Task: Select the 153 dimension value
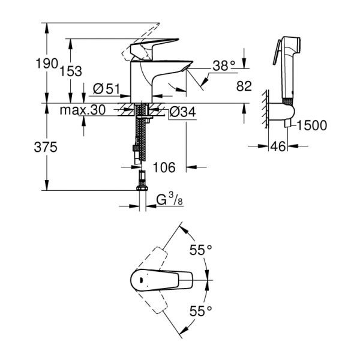tap(71, 71)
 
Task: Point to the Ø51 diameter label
tap(107, 89)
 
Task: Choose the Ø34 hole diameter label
tap(181, 111)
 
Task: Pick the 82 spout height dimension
tap(243, 86)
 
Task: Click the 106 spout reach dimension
tap(164, 167)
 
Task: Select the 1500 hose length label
tap(311, 125)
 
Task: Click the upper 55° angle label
tap(201, 251)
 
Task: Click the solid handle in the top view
tap(161, 280)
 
